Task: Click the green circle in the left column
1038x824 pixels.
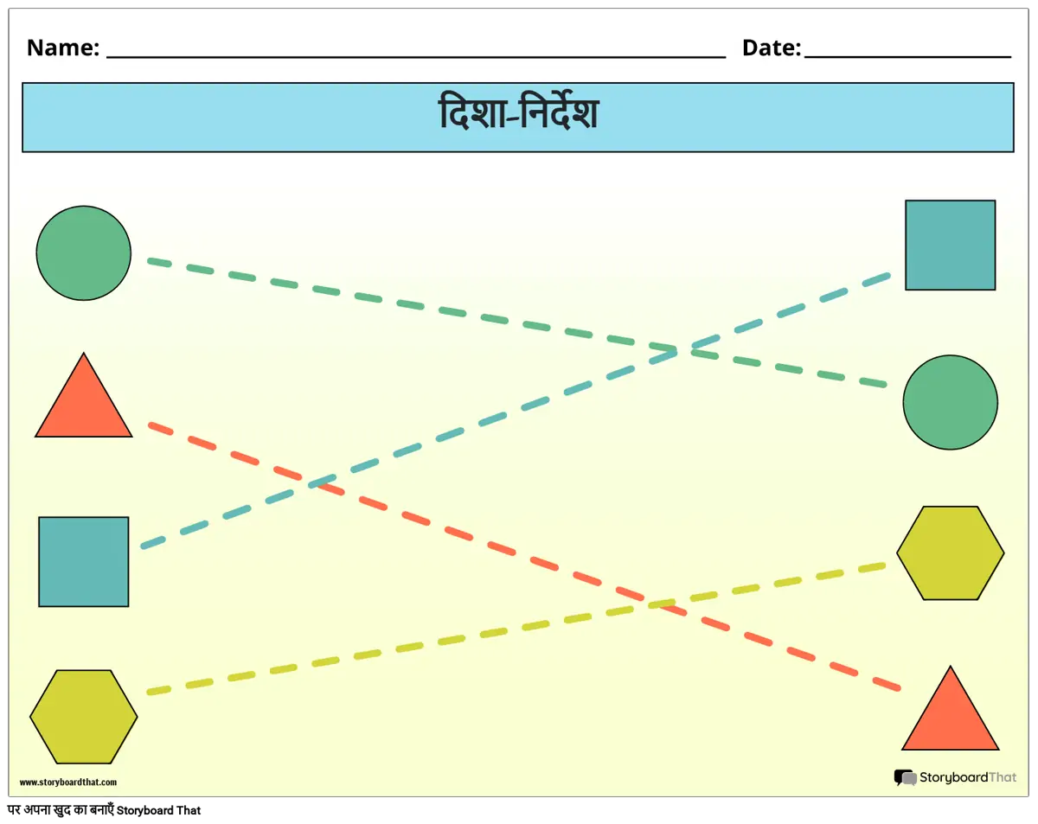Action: (83, 253)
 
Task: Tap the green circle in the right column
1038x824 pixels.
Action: (950, 402)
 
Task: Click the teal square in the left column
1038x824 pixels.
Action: (83, 561)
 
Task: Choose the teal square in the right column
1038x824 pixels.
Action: (950, 245)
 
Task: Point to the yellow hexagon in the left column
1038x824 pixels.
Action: (83, 717)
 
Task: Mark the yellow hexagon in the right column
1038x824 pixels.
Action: (950, 553)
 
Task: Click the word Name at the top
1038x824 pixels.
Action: (62, 48)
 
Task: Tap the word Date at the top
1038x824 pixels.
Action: (770, 48)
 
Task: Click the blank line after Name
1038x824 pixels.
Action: (415, 54)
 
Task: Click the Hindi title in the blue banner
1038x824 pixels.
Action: (518, 116)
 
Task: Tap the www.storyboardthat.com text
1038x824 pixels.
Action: (67, 782)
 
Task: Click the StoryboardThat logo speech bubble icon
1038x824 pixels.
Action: (905, 778)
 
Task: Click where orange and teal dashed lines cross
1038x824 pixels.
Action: (317, 483)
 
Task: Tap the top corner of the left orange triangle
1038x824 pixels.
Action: (83, 355)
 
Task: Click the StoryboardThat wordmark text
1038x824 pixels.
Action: (967, 778)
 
